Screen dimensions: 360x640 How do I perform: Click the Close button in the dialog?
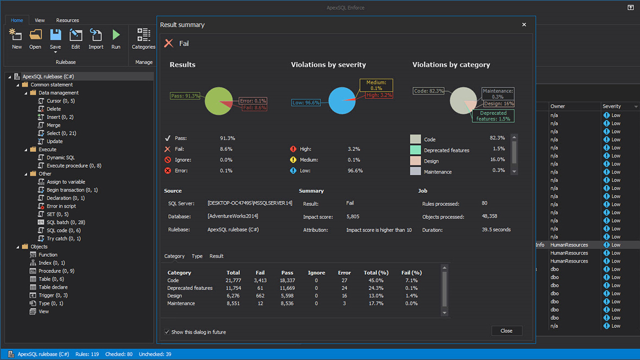tap(506, 331)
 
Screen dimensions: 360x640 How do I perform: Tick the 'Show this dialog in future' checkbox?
tap(167, 332)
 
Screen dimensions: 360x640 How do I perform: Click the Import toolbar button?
tap(96, 40)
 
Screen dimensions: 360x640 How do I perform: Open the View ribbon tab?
tap(40, 20)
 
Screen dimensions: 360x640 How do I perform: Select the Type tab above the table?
tap(197, 256)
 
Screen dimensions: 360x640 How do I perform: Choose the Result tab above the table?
tap(216, 256)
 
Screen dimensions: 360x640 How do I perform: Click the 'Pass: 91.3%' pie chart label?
tap(185, 96)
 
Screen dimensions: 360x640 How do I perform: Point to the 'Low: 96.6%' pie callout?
tap(306, 102)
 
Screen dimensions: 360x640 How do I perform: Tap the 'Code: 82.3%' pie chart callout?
tap(428, 91)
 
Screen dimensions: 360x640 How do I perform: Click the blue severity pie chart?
tap(341, 100)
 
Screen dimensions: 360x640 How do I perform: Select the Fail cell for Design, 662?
tap(260, 296)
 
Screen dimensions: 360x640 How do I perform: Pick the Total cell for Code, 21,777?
tap(233, 281)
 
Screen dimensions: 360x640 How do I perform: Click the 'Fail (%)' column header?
tap(411, 273)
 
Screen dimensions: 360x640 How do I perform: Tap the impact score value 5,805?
tap(353, 217)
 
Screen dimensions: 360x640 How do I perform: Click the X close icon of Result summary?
tap(524, 24)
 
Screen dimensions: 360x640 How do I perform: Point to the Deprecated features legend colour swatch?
tap(415, 150)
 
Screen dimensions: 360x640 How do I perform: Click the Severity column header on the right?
tap(612, 106)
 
